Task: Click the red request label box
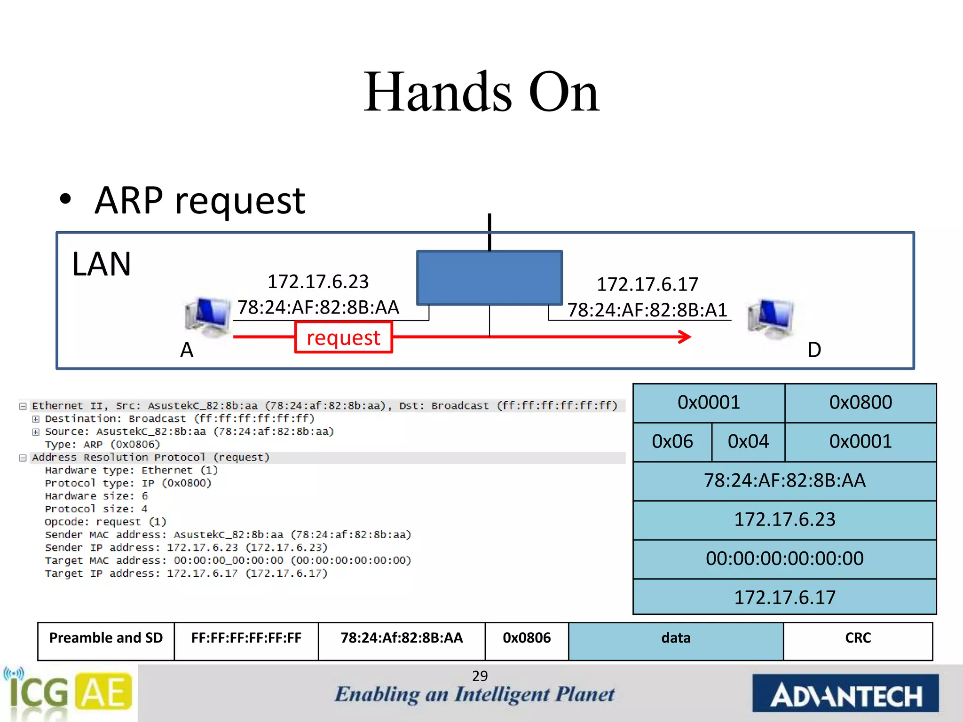343,337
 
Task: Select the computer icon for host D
771,318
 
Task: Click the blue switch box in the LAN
489,278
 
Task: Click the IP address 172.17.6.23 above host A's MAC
318,282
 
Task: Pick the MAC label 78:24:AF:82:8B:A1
647,310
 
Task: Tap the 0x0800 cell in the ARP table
860,403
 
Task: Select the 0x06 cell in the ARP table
672,442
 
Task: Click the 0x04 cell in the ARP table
748,442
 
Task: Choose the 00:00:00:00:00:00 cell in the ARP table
784,559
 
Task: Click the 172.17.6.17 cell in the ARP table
784,597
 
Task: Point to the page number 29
480,676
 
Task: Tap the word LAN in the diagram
102,264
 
